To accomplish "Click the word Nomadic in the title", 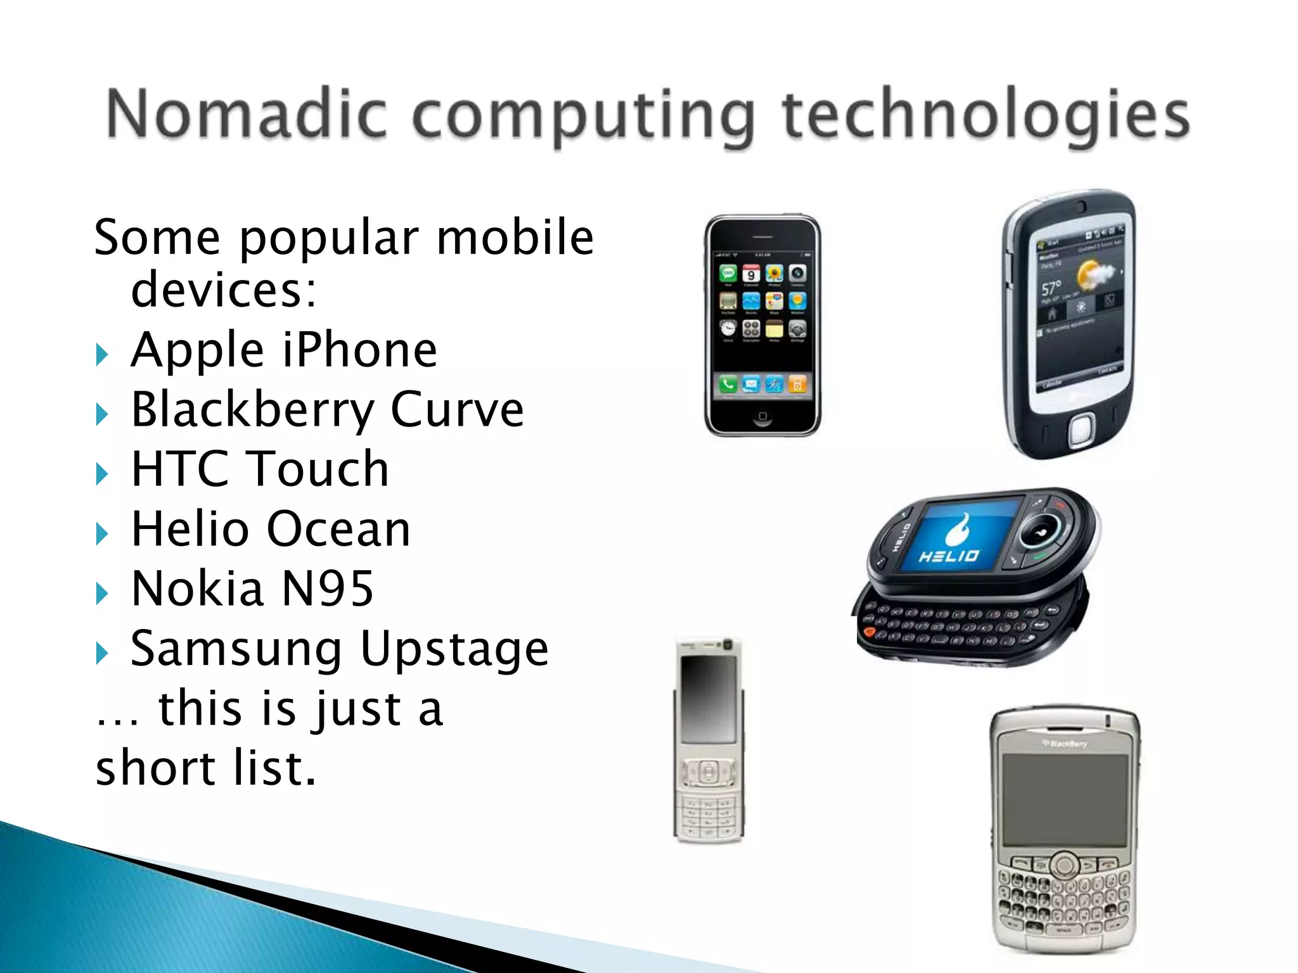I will click(x=246, y=114).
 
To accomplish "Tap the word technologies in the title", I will click(x=986, y=115).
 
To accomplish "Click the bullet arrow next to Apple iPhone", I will click(x=102, y=354).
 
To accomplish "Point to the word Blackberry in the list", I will click(x=253, y=410).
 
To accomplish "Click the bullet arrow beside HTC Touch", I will click(x=102, y=473).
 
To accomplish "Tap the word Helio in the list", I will click(x=190, y=529).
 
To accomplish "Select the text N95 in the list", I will click(x=327, y=589).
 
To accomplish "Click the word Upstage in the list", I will click(x=454, y=649).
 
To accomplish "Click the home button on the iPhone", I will click(x=762, y=417).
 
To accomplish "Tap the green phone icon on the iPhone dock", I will click(x=728, y=383).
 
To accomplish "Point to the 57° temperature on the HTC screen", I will click(x=1051, y=289).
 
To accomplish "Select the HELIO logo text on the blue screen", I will click(x=949, y=556).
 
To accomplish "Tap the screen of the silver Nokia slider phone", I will click(x=708, y=699).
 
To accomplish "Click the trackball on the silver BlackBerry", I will click(x=1065, y=864).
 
